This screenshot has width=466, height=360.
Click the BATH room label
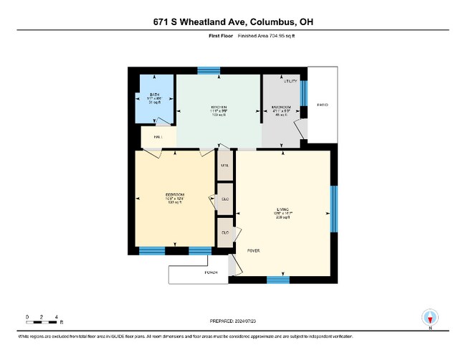(x=154, y=94)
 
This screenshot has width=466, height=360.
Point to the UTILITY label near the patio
(x=290, y=82)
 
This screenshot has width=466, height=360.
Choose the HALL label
(x=157, y=136)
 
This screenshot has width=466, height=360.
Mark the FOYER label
(x=253, y=251)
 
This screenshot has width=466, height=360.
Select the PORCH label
(x=211, y=273)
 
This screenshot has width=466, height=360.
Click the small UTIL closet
(x=224, y=166)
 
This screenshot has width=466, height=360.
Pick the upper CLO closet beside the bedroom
(x=224, y=200)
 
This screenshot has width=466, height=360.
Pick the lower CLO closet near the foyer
(x=224, y=232)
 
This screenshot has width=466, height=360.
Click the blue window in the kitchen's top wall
(x=209, y=70)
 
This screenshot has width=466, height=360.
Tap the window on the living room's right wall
(x=333, y=209)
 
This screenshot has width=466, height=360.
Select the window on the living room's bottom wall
(x=278, y=280)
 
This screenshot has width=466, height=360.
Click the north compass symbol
(x=430, y=318)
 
